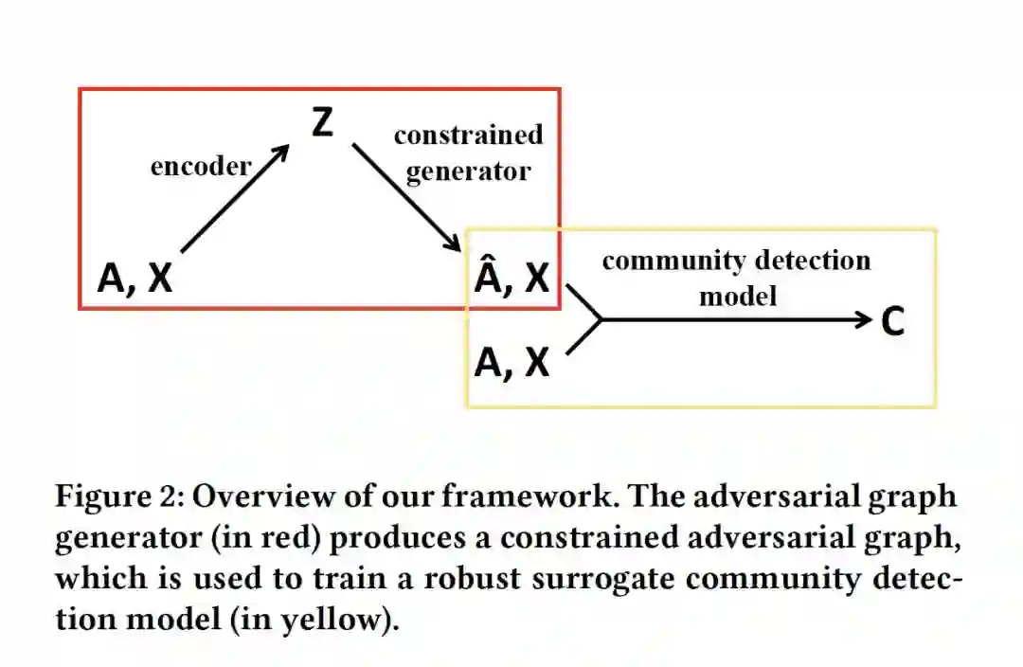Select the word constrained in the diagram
pyautogui.click(x=468, y=135)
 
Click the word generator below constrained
pyautogui.click(x=468, y=172)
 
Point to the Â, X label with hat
pyautogui.click(x=511, y=276)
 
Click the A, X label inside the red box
pyautogui.click(x=135, y=279)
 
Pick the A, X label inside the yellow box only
pyautogui.click(x=511, y=362)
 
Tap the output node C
pyautogui.click(x=892, y=321)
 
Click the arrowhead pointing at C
pyautogui.click(x=862, y=320)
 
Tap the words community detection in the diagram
pyautogui.click(x=736, y=261)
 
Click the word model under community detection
pyautogui.click(x=737, y=297)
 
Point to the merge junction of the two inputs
pyautogui.click(x=601, y=320)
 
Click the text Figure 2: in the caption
pyautogui.click(x=117, y=496)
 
